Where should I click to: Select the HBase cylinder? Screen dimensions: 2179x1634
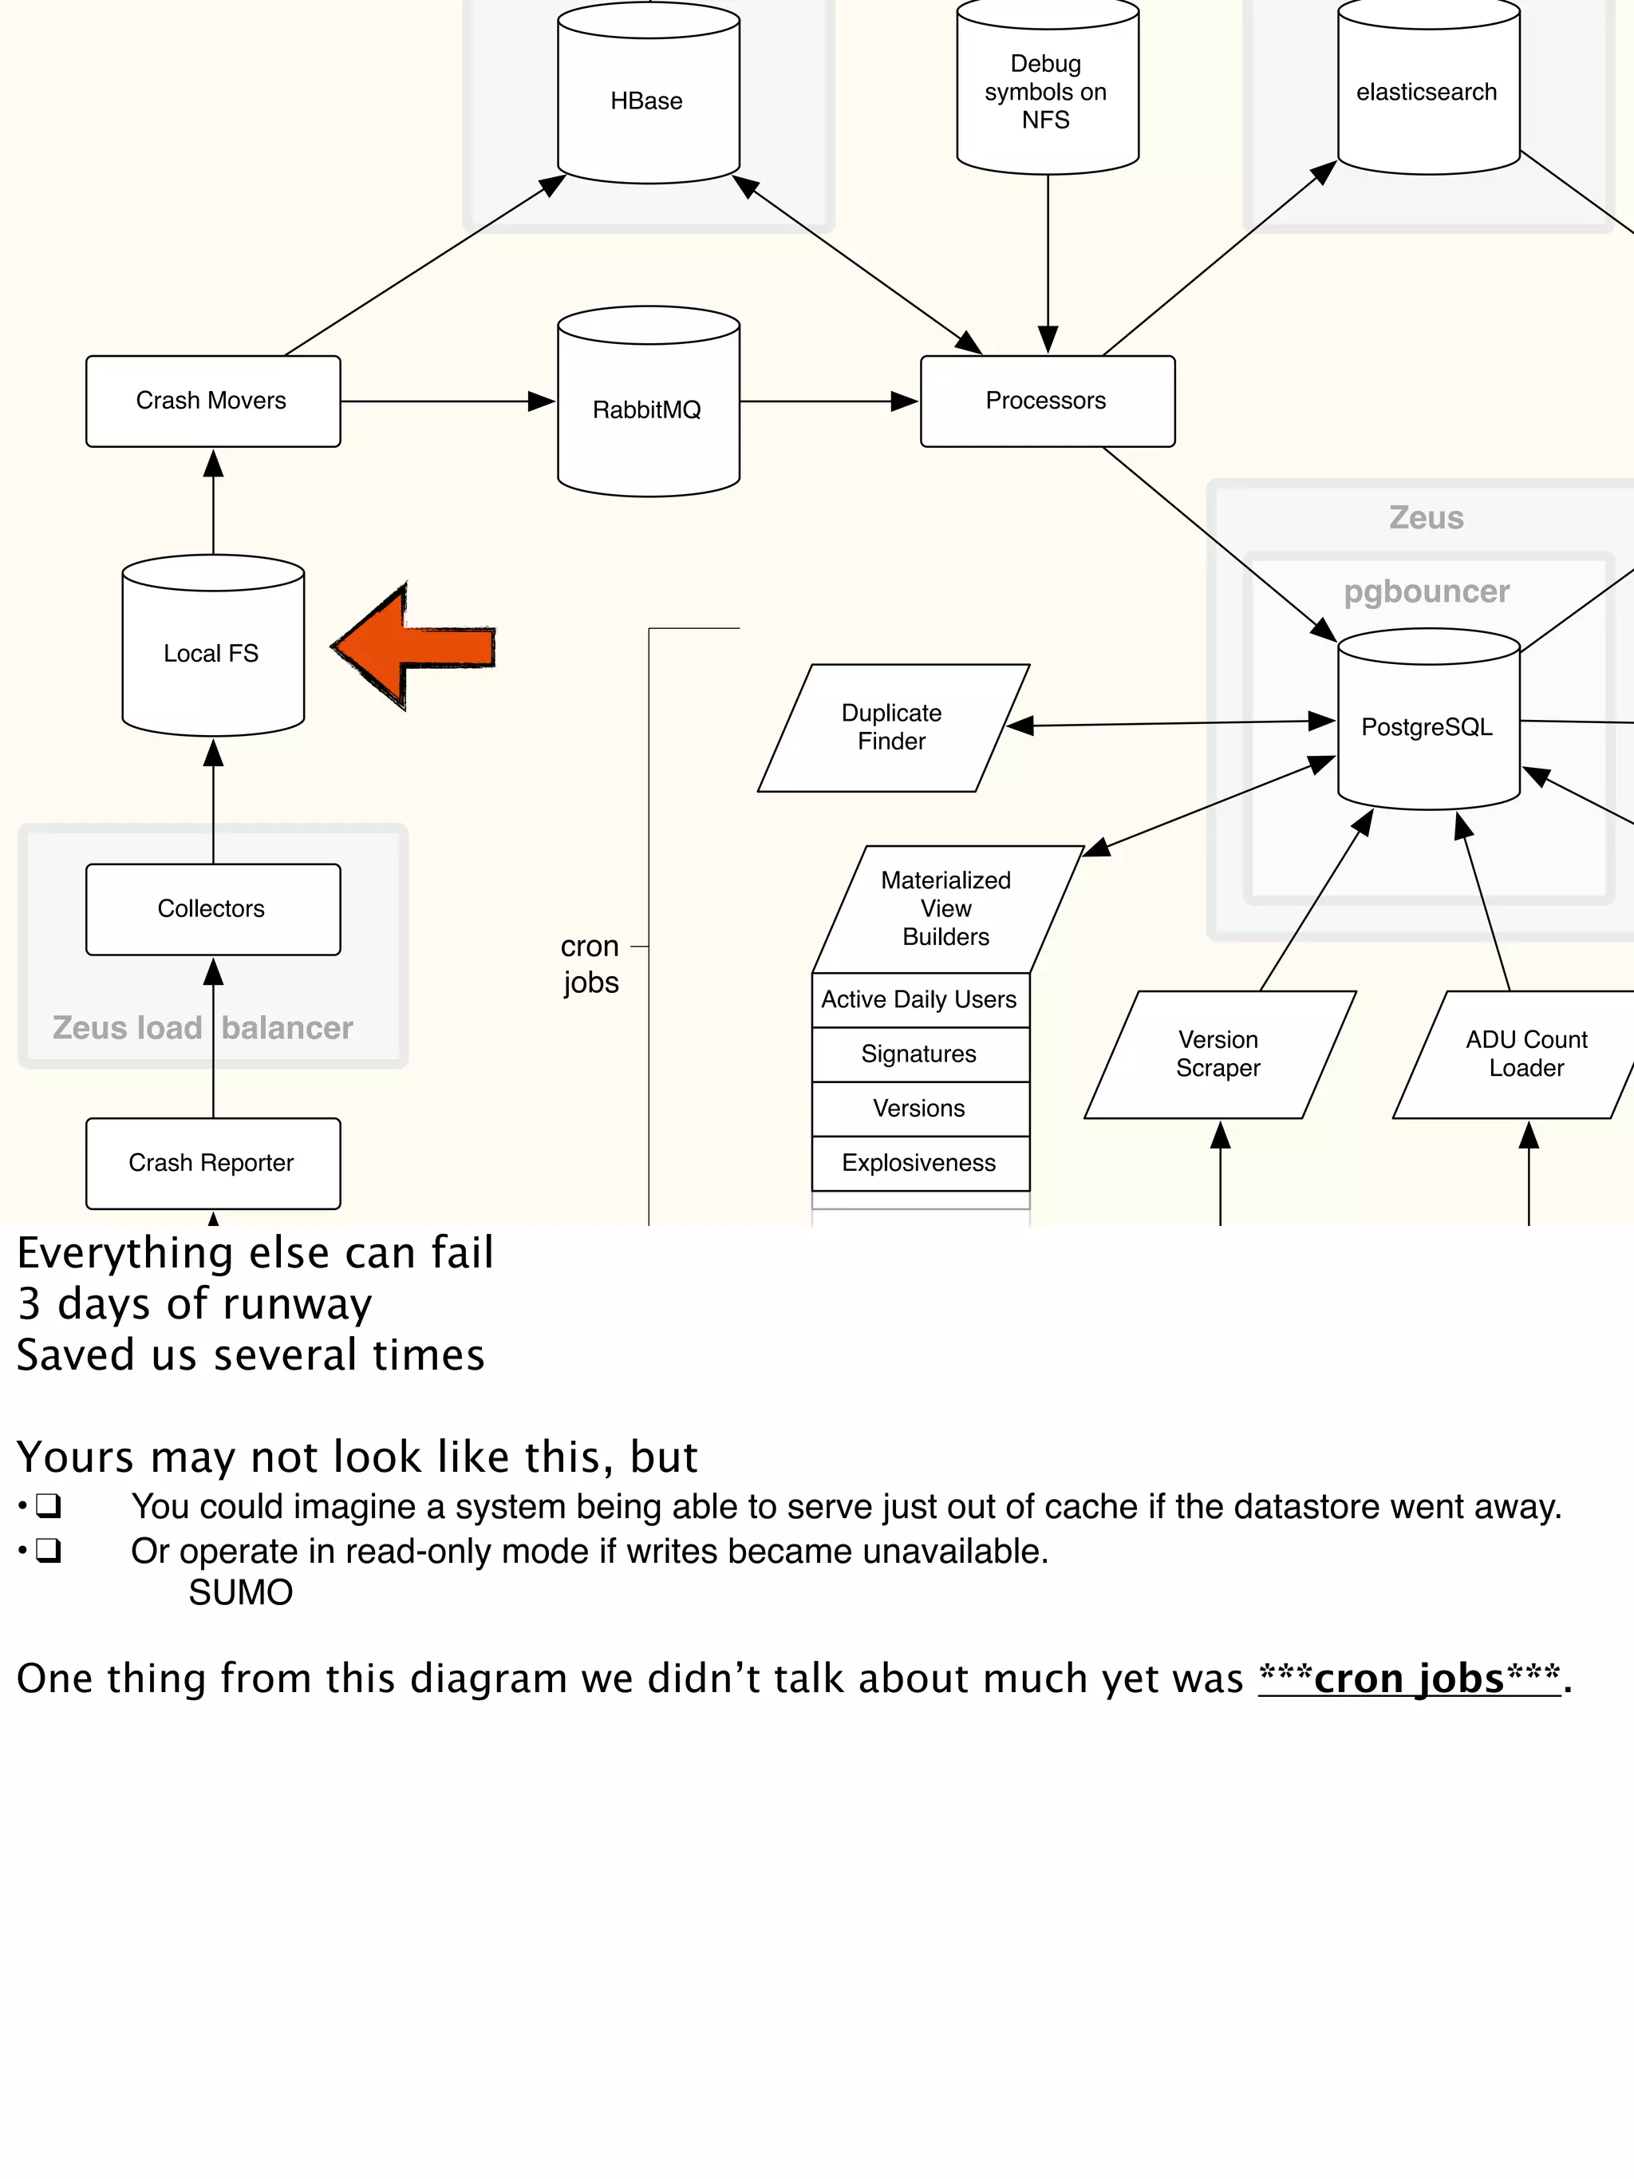point(648,101)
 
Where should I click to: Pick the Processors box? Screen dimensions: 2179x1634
point(1047,401)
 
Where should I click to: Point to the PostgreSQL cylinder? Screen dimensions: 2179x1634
point(1428,727)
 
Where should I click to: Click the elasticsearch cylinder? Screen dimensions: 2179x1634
point(1428,92)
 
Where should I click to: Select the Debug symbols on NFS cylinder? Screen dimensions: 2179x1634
point(1047,92)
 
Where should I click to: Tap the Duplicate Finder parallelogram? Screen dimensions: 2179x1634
point(892,727)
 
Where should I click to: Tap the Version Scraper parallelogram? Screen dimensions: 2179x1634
point(1219,1054)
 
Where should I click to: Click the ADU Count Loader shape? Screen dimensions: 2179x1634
point(1526,1054)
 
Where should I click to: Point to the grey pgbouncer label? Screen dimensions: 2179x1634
point(1427,591)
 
